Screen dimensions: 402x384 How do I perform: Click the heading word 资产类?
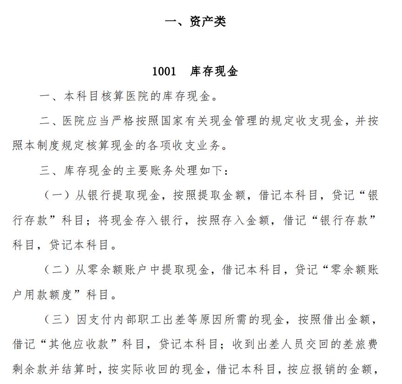[208, 22]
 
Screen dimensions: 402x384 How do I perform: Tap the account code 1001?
[164, 71]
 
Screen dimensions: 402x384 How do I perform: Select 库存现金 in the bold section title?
[214, 71]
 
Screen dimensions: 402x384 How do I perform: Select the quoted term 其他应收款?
[80, 344]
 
